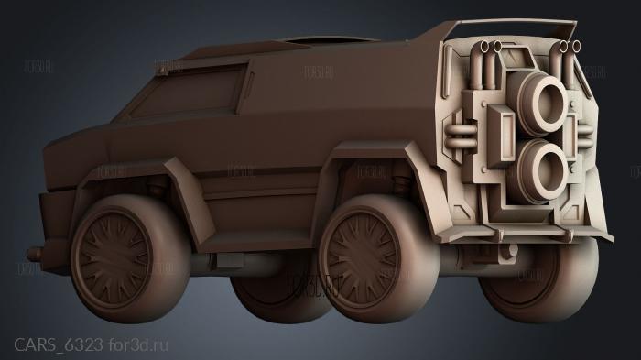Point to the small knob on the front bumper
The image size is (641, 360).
tap(34, 253)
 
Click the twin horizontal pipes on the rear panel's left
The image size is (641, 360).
tap(460, 137)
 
